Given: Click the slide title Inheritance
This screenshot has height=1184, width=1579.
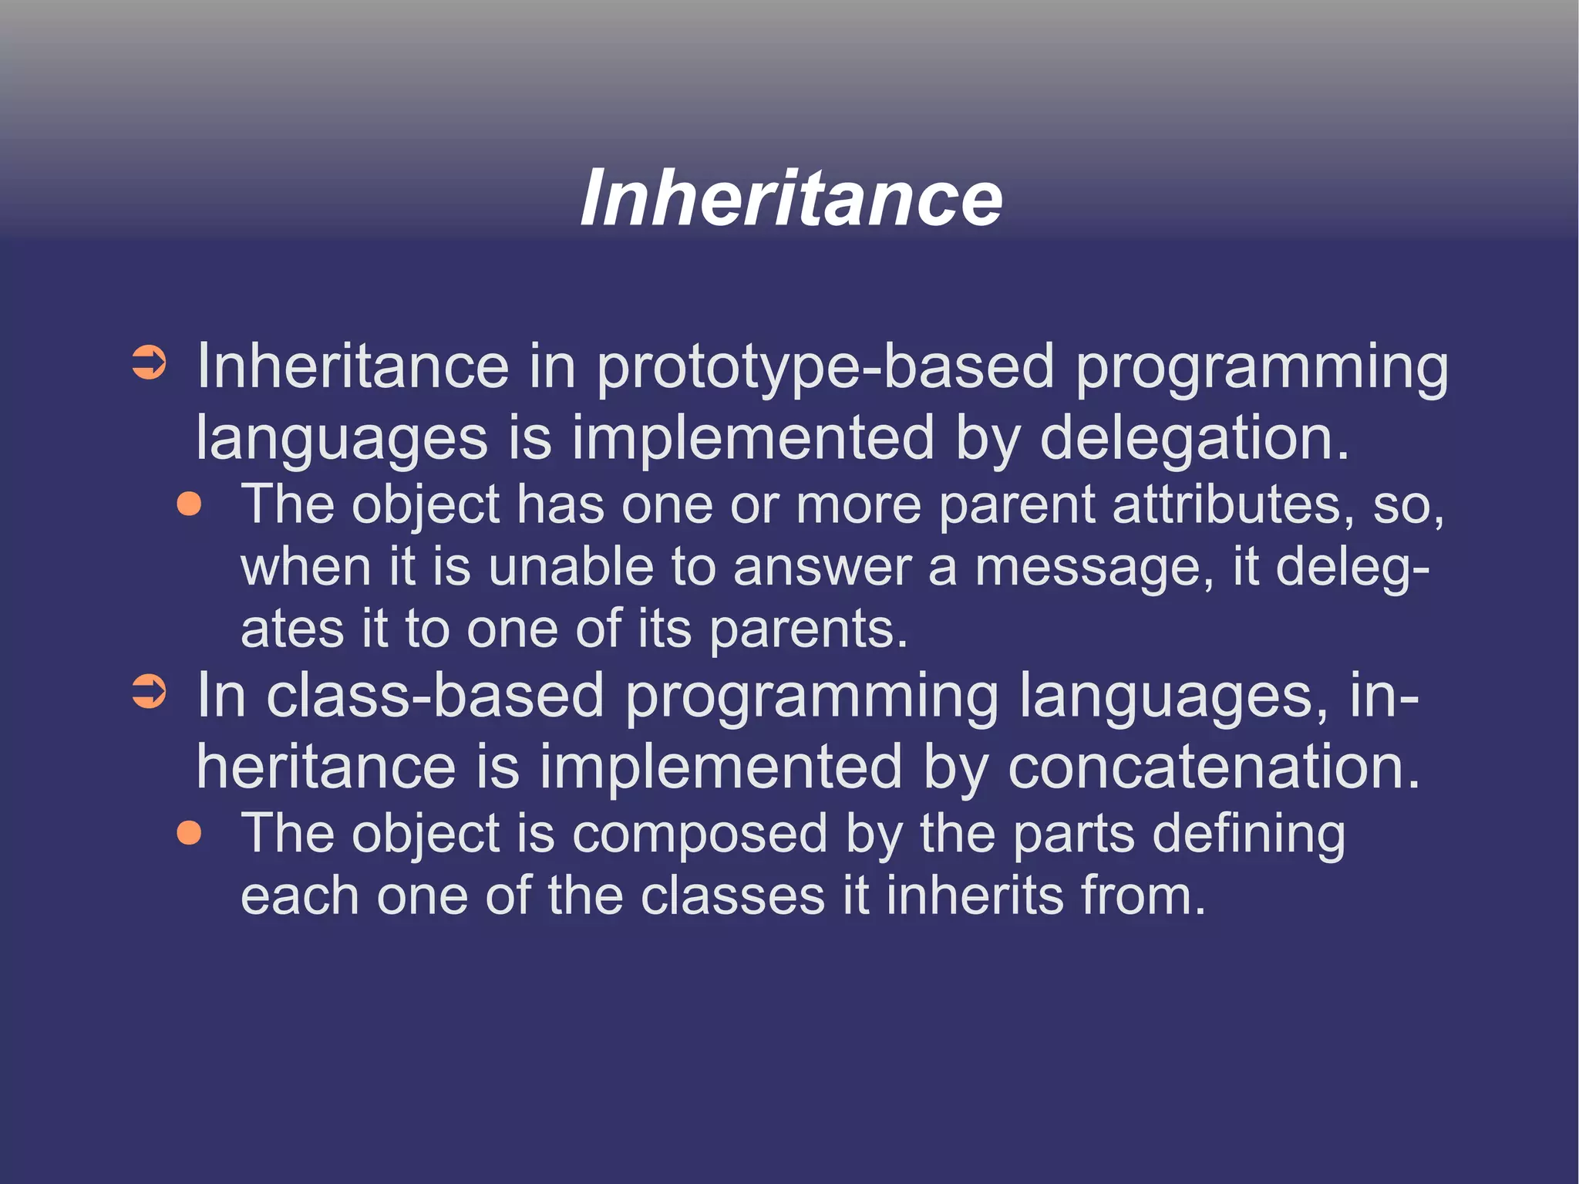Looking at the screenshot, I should pos(791,198).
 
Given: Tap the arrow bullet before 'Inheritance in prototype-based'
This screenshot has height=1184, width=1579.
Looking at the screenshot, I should pos(149,363).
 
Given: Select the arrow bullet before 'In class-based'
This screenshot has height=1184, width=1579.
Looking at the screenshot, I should pos(149,692).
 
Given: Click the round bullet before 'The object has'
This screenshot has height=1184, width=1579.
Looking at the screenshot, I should pos(189,504).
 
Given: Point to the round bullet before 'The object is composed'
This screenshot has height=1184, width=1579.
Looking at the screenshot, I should pos(189,833).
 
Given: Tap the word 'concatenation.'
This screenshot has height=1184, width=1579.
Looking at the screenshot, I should pos(1214,768).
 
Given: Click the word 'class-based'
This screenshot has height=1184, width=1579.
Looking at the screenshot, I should pos(435,697).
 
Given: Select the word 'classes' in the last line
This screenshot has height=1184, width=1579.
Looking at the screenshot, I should pos(733,897).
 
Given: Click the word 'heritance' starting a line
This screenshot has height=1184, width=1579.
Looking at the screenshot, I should pos(327,768).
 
